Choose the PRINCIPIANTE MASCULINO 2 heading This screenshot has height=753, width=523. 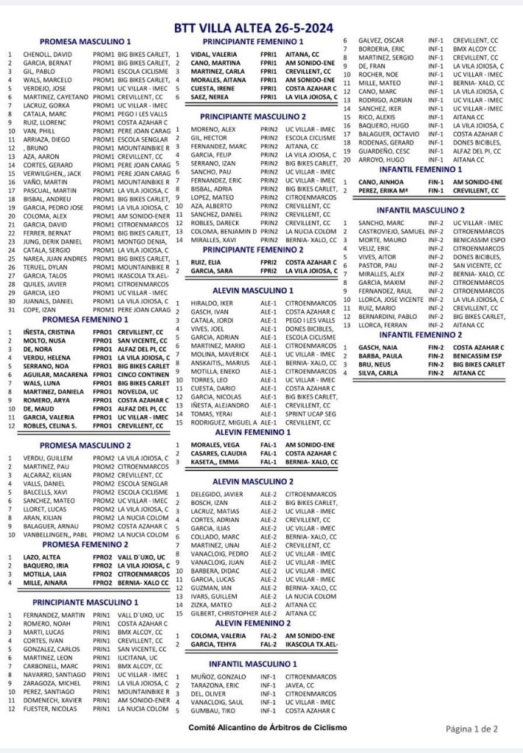[254, 116]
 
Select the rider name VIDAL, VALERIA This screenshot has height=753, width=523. [214, 54]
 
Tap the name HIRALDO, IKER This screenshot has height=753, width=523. [213, 303]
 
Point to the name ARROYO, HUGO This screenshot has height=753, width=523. [380, 159]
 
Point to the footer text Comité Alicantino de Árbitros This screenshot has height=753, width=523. [268, 727]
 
